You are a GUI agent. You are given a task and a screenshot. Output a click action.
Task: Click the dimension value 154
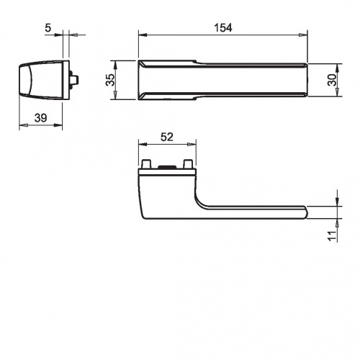tap(223, 28)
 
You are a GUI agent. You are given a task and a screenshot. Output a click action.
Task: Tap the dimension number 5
tap(48, 28)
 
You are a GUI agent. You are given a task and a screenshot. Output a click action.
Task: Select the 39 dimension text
tap(40, 118)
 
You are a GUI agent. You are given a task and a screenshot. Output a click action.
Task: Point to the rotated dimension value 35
tap(110, 80)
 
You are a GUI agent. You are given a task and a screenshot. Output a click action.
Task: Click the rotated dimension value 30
tap(333, 80)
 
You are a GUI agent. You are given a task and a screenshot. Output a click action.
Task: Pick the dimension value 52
tap(167, 137)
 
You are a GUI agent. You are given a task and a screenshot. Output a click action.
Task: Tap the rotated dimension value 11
tap(333, 236)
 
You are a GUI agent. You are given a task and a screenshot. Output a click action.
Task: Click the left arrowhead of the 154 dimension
tap(143, 35)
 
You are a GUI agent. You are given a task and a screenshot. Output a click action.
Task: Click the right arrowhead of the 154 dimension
tap(304, 35)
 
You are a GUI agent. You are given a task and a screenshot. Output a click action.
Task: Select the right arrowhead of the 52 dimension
tap(192, 144)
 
